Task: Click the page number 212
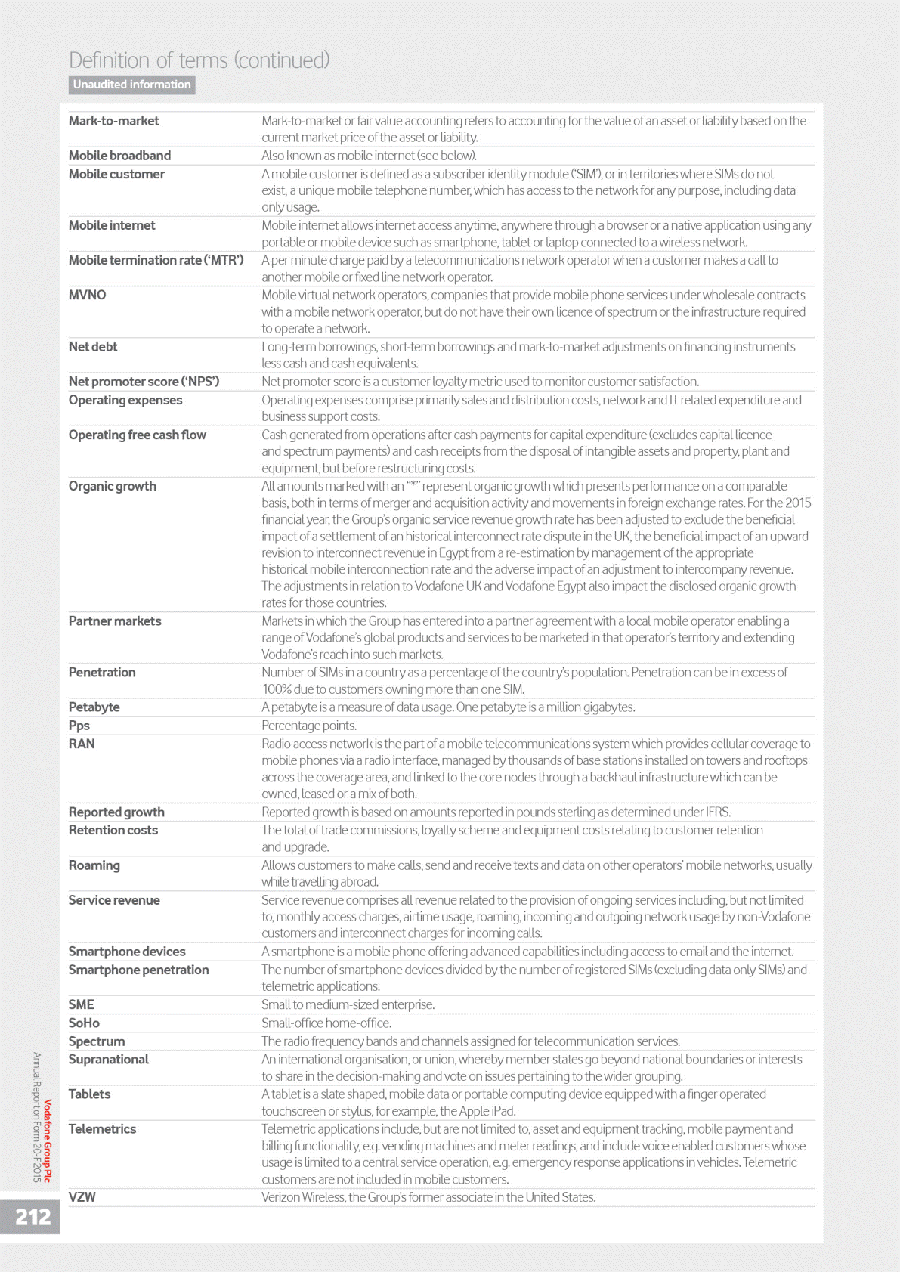click(x=32, y=1217)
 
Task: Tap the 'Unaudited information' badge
click(x=132, y=85)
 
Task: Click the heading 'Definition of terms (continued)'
click(x=199, y=60)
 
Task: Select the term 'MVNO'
click(x=88, y=295)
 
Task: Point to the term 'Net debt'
click(x=93, y=347)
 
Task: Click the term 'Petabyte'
click(x=94, y=707)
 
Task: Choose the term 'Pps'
click(x=79, y=726)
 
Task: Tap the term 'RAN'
click(x=82, y=744)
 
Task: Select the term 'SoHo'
click(x=84, y=1023)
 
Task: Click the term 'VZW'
click(x=82, y=1197)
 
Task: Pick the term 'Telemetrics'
click(x=103, y=1129)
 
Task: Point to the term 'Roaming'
click(x=94, y=865)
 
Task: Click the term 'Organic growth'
click(x=113, y=486)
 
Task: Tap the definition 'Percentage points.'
click(x=309, y=726)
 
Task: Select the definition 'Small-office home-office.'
click(x=326, y=1023)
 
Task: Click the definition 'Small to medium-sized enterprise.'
click(x=348, y=1004)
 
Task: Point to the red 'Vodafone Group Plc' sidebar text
click(x=48, y=1140)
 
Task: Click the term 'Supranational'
click(x=109, y=1060)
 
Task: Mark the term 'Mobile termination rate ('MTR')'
click(x=156, y=260)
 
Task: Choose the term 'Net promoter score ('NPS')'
click(x=144, y=382)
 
